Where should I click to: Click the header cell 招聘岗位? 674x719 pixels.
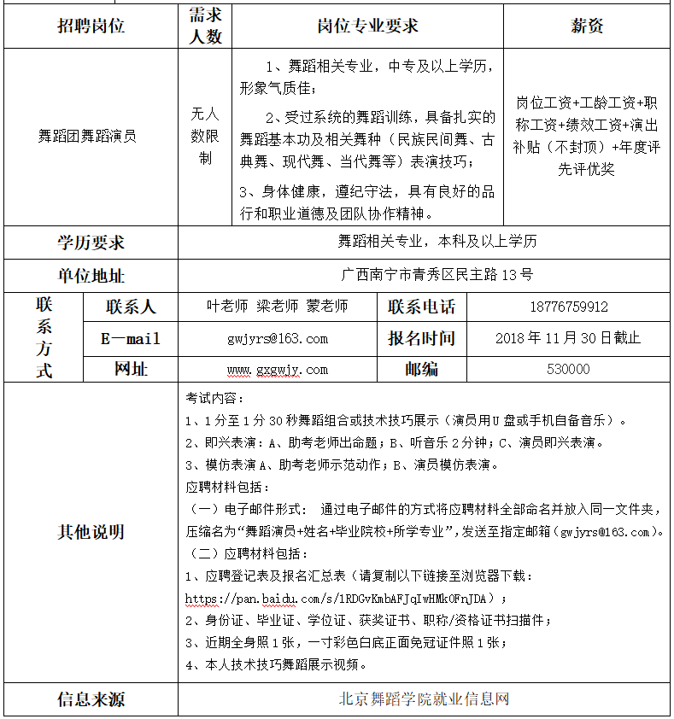[x=91, y=26]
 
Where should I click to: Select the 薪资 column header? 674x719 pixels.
[x=587, y=26]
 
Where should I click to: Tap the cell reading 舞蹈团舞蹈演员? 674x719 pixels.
[x=88, y=135]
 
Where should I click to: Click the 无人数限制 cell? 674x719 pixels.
[x=205, y=135]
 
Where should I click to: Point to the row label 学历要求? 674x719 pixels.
[x=91, y=243]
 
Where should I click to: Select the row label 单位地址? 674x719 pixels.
[x=91, y=275]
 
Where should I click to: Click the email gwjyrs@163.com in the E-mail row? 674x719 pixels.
[x=278, y=338]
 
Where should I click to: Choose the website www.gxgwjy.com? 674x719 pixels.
[x=278, y=370]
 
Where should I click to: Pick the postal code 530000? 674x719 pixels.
[x=568, y=369]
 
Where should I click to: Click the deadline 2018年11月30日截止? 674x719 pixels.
[x=568, y=338]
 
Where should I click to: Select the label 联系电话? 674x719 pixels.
[x=422, y=307]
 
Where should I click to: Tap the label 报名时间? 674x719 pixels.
[x=422, y=338]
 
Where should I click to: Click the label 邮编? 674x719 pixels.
[x=422, y=369]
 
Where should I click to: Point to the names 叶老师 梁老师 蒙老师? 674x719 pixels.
[x=278, y=307]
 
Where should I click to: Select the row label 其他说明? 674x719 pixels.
[x=91, y=532]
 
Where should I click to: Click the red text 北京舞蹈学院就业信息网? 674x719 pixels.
[x=425, y=699]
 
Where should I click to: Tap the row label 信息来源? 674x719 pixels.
[x=91, y=699]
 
